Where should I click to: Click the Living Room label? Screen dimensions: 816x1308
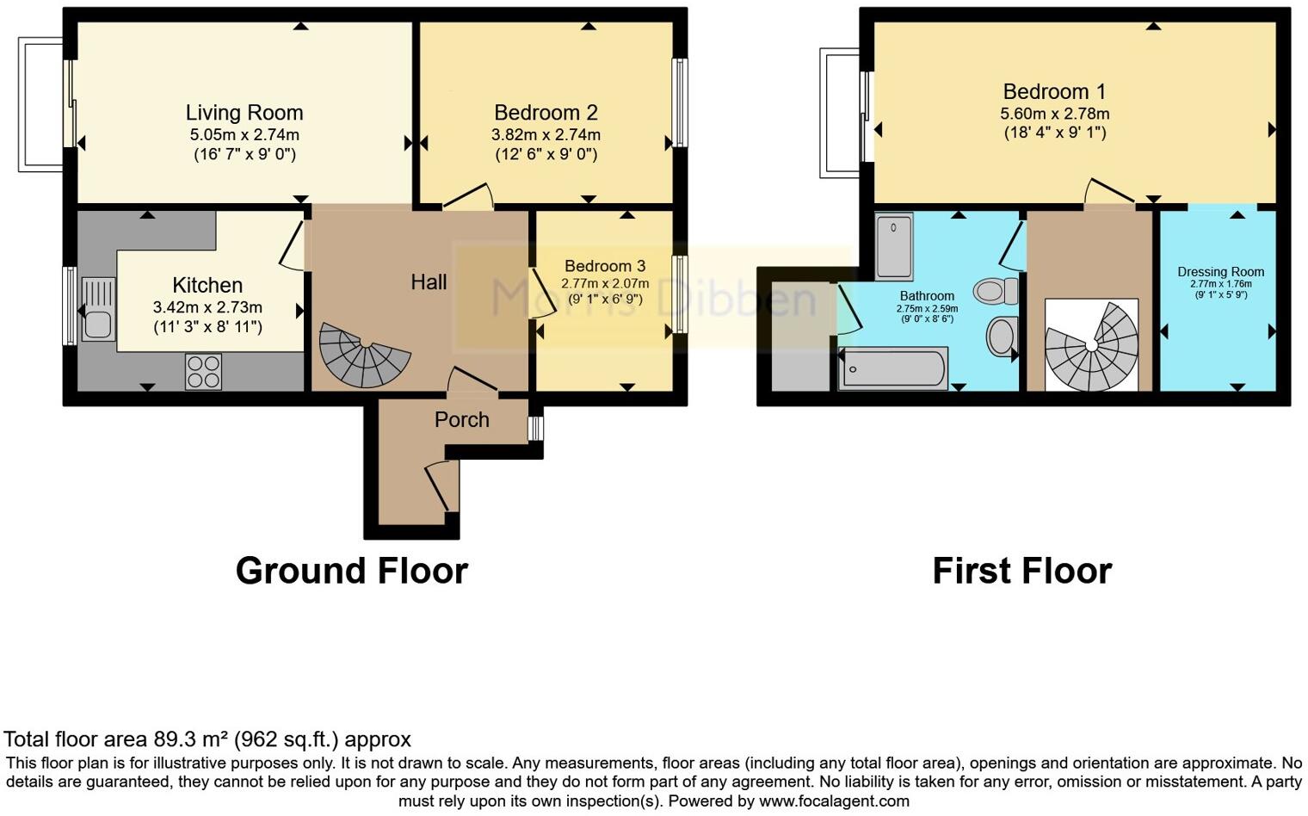(244, 113)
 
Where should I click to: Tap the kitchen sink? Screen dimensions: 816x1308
(97, 309)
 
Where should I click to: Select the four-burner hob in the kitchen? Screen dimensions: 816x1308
(203, 372)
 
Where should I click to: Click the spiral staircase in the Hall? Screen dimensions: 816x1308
(362, 354)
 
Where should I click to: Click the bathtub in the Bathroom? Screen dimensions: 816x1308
(893, 368)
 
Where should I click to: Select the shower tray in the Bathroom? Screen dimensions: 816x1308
(894, 247)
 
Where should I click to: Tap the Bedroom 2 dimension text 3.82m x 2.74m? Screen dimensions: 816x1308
(546, 135)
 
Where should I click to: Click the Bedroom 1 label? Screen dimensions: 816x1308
(1054, 92)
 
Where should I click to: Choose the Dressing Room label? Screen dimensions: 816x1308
(1220, 272)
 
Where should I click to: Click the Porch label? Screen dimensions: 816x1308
(461, 420)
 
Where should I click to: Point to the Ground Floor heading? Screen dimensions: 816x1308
(351, 572)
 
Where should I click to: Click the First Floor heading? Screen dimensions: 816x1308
(1021, 572)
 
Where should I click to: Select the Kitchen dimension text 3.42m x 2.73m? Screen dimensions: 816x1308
(207, 307)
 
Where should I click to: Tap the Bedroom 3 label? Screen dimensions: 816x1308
(605, 267)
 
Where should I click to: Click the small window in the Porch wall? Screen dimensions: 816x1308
(535, 429)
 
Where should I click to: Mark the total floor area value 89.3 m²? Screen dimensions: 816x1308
(192, 739)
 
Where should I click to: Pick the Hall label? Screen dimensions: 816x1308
(429, 282)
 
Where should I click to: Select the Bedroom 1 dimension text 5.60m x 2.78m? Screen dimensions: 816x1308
(1054, 114)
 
